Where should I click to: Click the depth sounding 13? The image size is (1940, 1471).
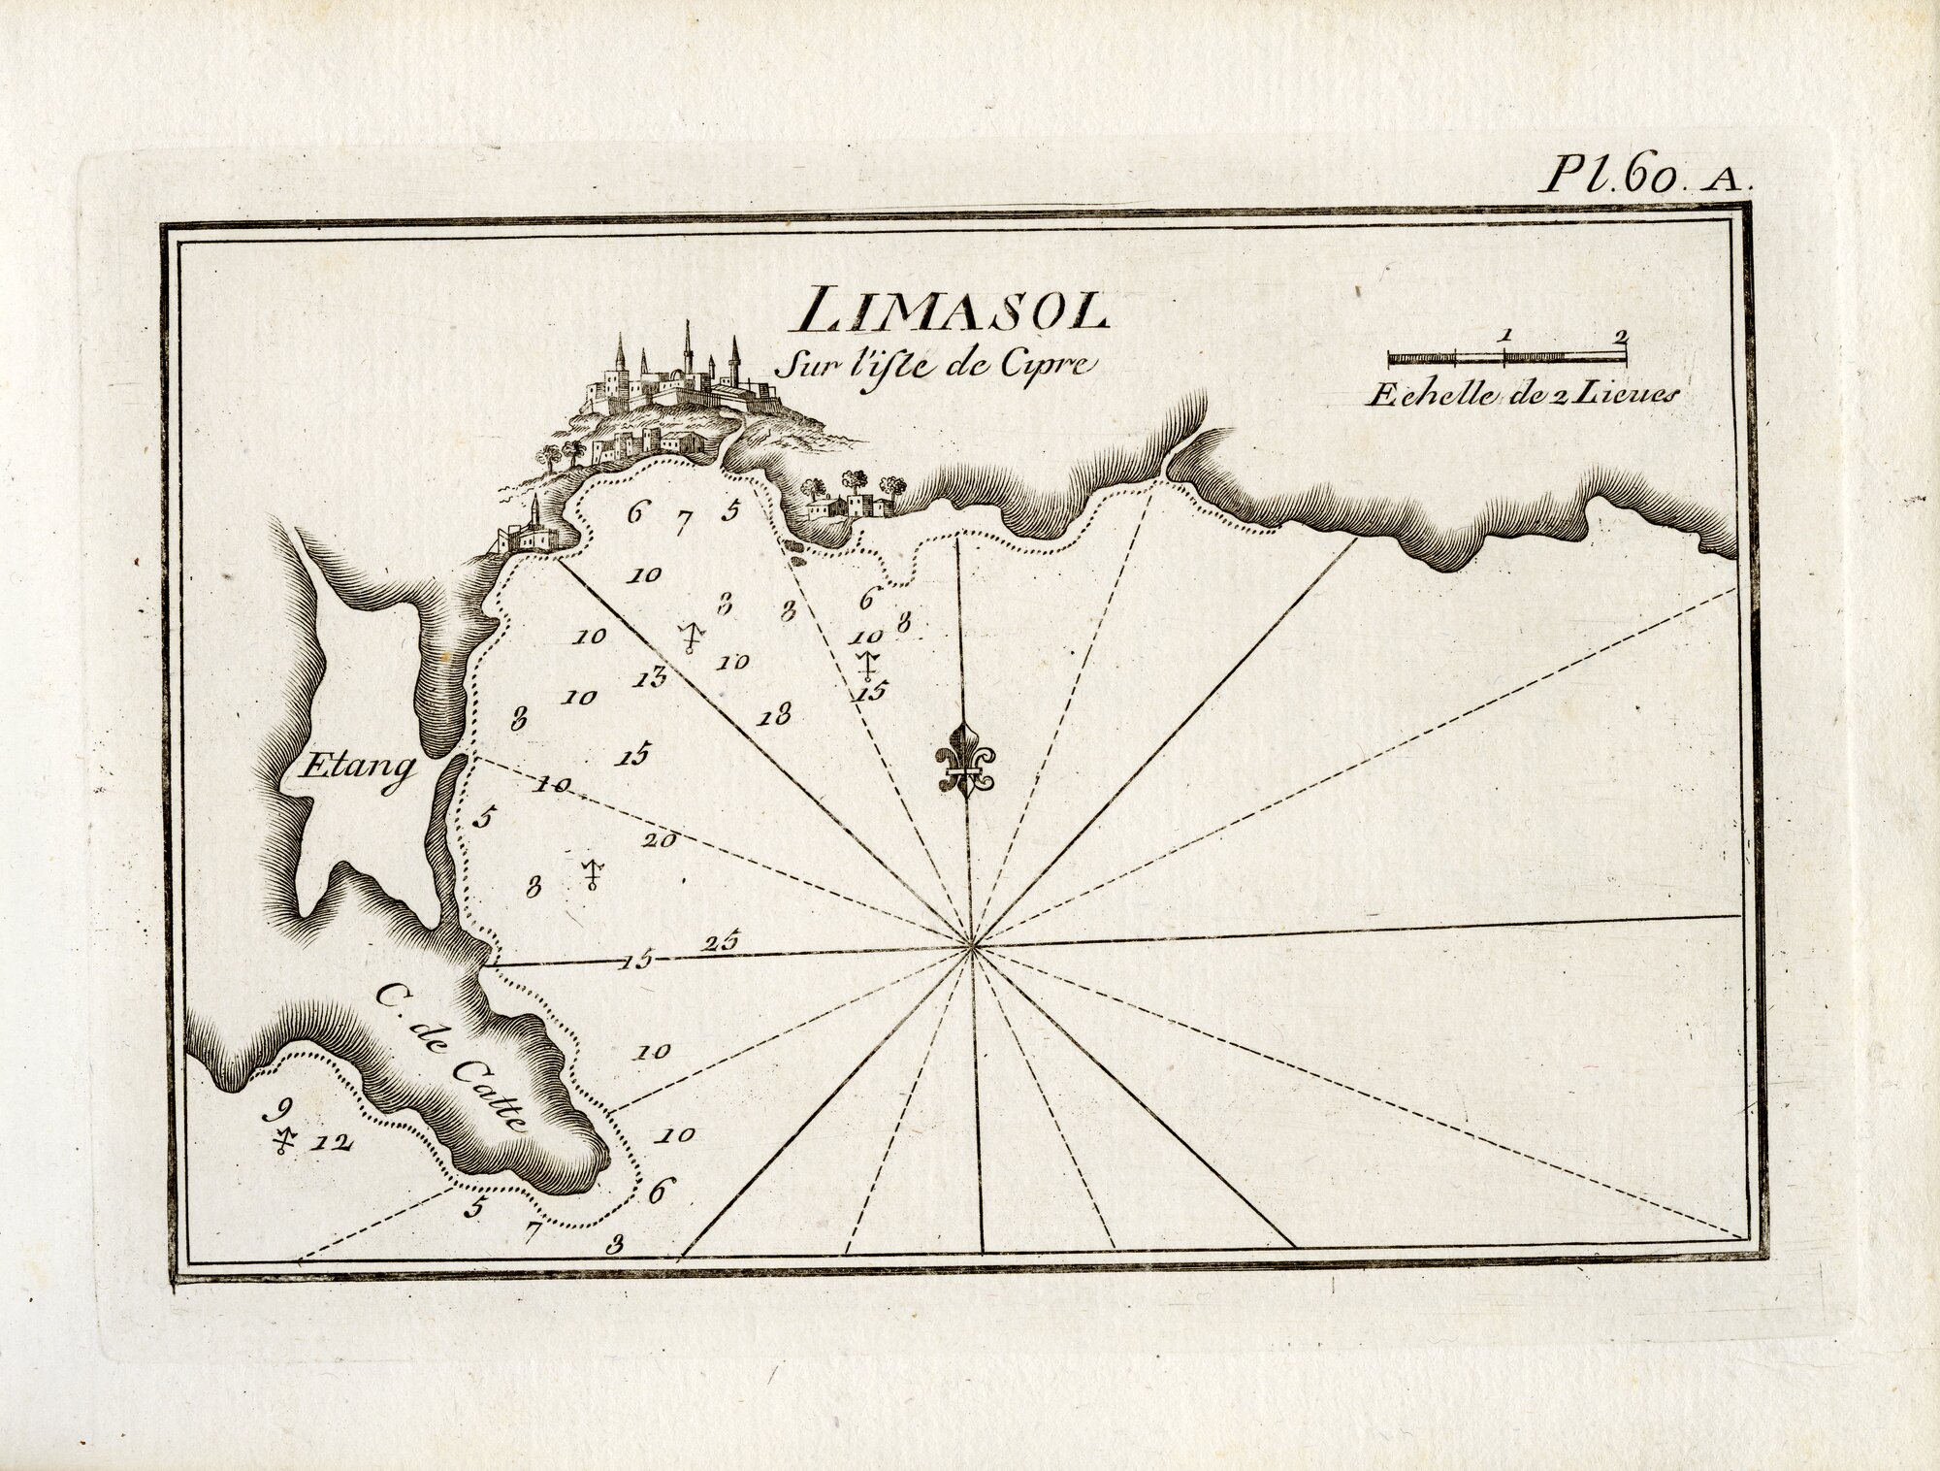click(651, 677)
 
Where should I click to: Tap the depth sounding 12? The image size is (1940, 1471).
click(331, 1143)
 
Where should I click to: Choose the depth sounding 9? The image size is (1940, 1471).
click(283, 1110)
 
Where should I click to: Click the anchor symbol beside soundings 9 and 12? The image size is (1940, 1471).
click(283, 1143)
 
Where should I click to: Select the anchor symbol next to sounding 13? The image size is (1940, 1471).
click(690, 637)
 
